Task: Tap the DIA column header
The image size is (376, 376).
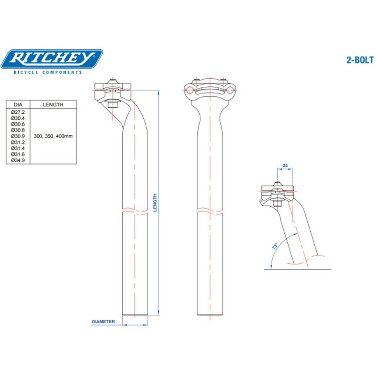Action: coord(18,105)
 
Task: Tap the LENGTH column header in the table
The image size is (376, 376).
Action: coord(53,105)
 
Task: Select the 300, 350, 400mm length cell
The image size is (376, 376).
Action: coord(53,136)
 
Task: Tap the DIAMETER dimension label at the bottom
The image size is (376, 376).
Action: coord(103,322)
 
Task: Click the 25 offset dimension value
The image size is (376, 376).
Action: coord(285,166)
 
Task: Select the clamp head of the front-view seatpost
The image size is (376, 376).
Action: coord(209,89)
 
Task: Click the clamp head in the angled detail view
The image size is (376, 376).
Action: coord(278,190)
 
